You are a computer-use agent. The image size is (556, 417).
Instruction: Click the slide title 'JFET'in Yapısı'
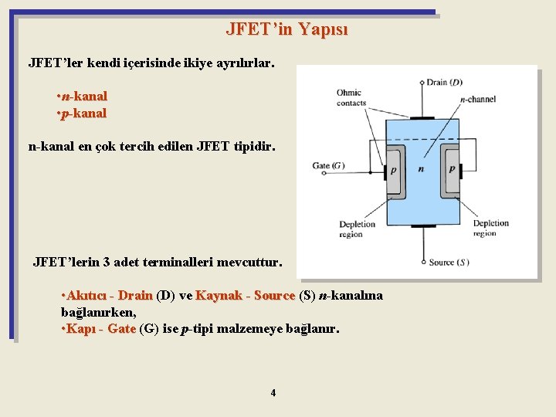point(286,30)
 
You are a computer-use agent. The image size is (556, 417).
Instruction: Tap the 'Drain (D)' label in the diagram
point(445,83)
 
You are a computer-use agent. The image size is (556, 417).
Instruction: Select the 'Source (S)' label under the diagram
point(449,263)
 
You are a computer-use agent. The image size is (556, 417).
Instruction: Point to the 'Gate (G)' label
point(328,165)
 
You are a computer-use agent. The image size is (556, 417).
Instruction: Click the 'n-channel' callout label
point(478,100)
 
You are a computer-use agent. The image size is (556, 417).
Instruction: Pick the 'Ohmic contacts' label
point(351,98)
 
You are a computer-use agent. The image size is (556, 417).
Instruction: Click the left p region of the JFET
point(394,170)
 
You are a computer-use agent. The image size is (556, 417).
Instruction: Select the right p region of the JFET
point(452,170)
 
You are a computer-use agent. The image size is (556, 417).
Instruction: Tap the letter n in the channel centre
point(421,169)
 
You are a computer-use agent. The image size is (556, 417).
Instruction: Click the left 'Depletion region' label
point(356,229)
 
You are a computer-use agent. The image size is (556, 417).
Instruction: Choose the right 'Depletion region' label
point(491,229)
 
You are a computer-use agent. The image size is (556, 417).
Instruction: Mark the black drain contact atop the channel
point(422,118)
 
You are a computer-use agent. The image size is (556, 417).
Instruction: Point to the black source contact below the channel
point(422,226)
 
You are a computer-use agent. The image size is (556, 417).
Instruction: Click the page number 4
point(273,393)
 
